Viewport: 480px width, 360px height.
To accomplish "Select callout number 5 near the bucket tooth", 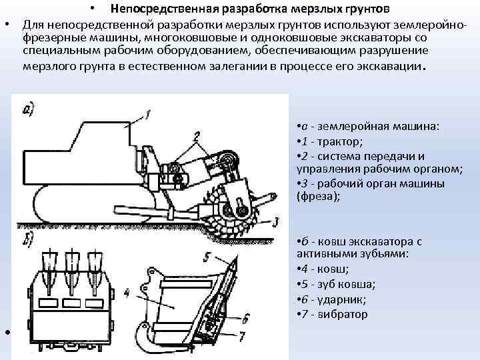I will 208,255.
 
